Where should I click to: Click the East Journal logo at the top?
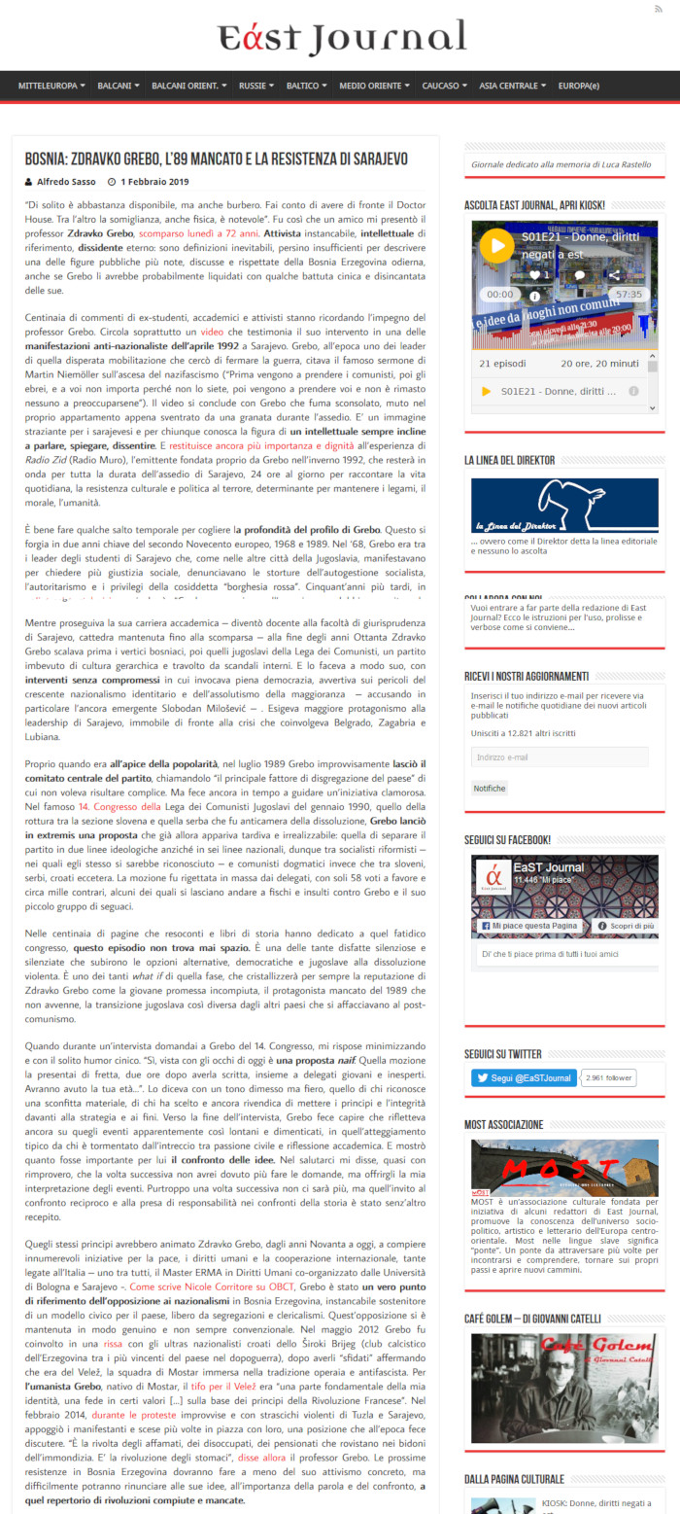(341, 38)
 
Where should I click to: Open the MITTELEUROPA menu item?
(48, 86)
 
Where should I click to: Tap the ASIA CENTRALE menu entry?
(509, 86)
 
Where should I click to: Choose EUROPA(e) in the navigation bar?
(579, 86)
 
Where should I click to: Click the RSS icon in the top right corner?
(660, 9)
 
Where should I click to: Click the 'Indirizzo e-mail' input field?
(560, 757)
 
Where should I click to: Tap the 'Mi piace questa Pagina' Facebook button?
(528, 927)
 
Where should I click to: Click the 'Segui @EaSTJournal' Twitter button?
(525, 1077)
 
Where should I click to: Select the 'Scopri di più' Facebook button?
(626, 927)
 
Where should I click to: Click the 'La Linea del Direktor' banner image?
(563, 505)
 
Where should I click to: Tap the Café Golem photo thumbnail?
(563, 1388)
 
